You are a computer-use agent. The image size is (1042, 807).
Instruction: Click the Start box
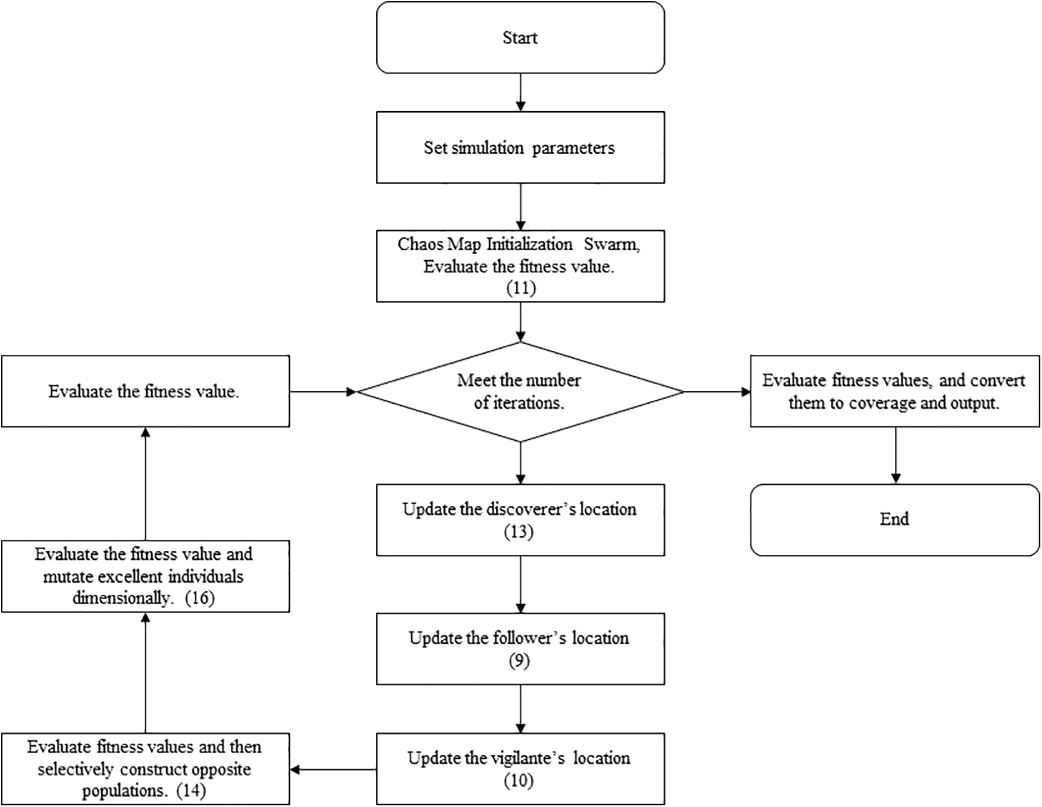point(520,38)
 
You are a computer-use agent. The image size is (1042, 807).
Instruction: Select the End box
point(894,519)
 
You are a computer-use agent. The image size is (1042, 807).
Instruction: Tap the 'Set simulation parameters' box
point(520,148)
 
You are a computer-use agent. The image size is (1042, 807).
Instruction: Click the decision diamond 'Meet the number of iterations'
point(520,391)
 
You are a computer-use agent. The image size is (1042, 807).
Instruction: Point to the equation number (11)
point(521,288)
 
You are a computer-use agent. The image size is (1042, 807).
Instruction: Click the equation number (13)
point(518,531)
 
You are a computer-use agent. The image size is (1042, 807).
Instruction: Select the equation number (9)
point(519,661)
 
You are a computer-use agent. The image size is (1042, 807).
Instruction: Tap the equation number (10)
point(518,781)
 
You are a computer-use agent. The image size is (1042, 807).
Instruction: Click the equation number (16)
point(200,598)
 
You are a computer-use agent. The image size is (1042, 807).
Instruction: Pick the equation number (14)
point(191,791)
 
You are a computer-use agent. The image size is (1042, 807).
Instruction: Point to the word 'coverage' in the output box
point(881,403)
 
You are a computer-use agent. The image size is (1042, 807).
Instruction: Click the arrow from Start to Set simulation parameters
point(520,92)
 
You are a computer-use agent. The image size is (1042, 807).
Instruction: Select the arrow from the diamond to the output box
point(717,391)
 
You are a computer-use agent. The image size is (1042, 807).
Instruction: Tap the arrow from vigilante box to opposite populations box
point(333,769)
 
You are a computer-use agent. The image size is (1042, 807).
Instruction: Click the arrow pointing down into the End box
point(895,455)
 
